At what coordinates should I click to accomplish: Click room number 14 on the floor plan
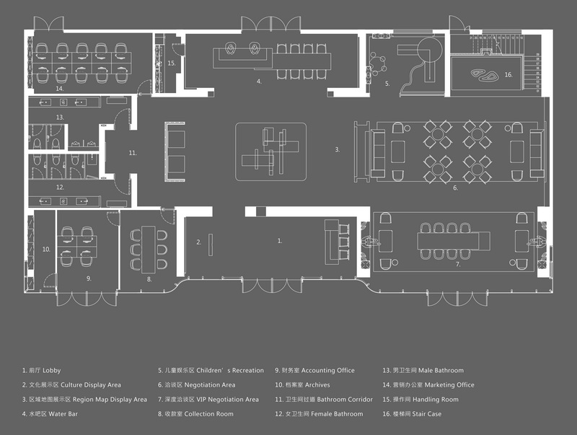tap(60, 89)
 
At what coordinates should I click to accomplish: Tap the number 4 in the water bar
tap(259, 82)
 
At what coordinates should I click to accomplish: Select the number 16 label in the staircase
tap(508, 75)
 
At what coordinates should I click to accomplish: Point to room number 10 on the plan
tap(46, 249)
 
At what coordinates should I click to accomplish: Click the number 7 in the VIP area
tap(458, 264)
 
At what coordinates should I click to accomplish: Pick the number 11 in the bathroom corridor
tap(133, 153)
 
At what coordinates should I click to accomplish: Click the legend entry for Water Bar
tap(50, 413)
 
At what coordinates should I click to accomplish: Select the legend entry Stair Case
tap(412, 413)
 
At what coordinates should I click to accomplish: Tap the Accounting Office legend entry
tap(314, 370)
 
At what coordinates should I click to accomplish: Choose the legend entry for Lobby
tap(41, 370)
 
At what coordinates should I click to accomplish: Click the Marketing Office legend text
tap(428, 385)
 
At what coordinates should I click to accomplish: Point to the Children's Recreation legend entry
tap(211, 370)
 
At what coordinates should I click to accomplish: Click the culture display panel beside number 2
tap(211, 245)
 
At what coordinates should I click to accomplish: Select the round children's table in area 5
tap(376, 64)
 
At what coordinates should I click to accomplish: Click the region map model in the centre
tap(271, 151)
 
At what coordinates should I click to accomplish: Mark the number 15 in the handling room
tap(171, 63)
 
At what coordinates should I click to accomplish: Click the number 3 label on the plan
tap(337, 150)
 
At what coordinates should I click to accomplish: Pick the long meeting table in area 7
tap(454, 241)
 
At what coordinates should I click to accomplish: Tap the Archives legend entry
tap(302, 385)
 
